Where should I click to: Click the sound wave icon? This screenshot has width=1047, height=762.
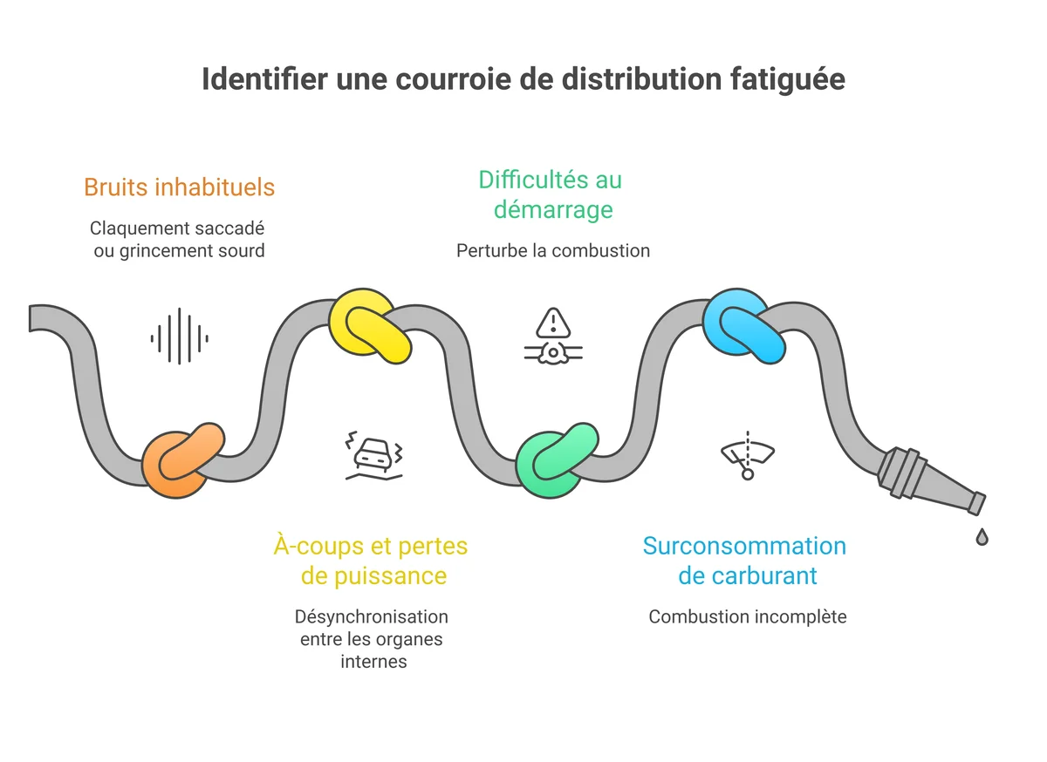click(179, 337)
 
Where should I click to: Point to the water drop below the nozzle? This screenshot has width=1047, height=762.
click(982, 536)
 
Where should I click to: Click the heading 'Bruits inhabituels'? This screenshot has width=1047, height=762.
click(179, 187)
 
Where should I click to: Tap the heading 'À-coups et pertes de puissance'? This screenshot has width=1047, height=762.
click(372, 561)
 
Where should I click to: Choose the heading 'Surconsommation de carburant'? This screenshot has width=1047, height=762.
click(744, 561)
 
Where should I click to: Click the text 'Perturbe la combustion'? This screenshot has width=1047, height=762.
click(553, 251)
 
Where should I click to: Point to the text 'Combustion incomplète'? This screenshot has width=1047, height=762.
click(747, 616)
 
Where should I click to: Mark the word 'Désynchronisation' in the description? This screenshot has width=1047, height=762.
click(372, 616)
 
